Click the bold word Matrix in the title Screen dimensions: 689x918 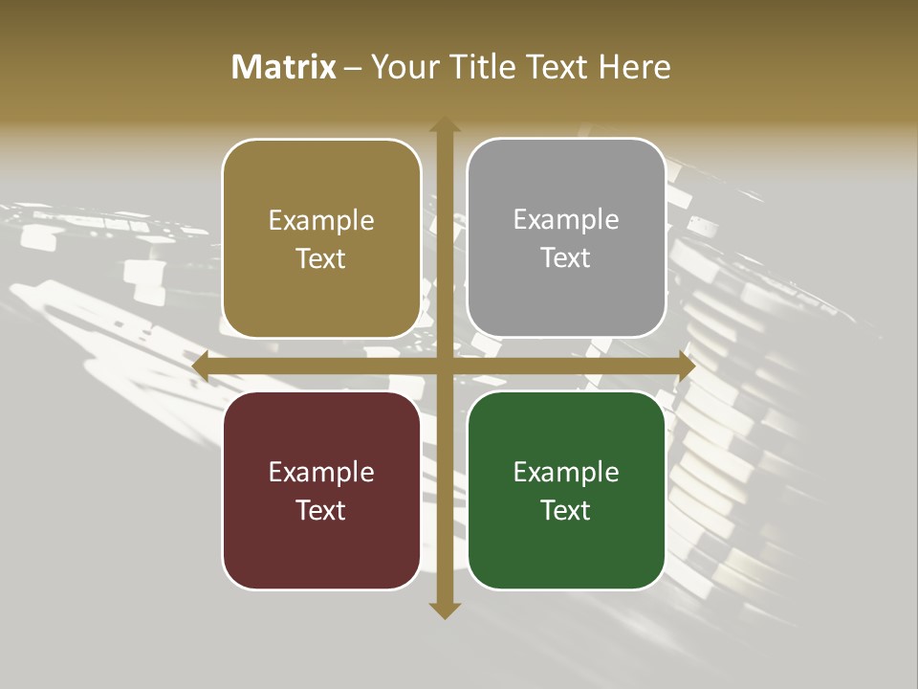pos(284,67)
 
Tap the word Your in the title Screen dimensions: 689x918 pos(403,67)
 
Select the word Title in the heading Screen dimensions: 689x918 pos(476,67)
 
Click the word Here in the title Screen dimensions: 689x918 pos(634,67)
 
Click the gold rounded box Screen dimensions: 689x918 pos(321,238)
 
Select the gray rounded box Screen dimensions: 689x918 pos(566,238)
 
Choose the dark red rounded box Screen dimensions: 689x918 pos(321,490)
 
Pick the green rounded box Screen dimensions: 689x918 pos(566,490)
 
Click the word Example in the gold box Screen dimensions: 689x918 pos(321,221)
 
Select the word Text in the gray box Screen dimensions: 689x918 pos(566,258)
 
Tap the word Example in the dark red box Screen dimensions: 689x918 pos(321,473)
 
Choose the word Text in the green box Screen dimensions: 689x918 pos(566,510)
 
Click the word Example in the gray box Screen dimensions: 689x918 pos(566,220)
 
